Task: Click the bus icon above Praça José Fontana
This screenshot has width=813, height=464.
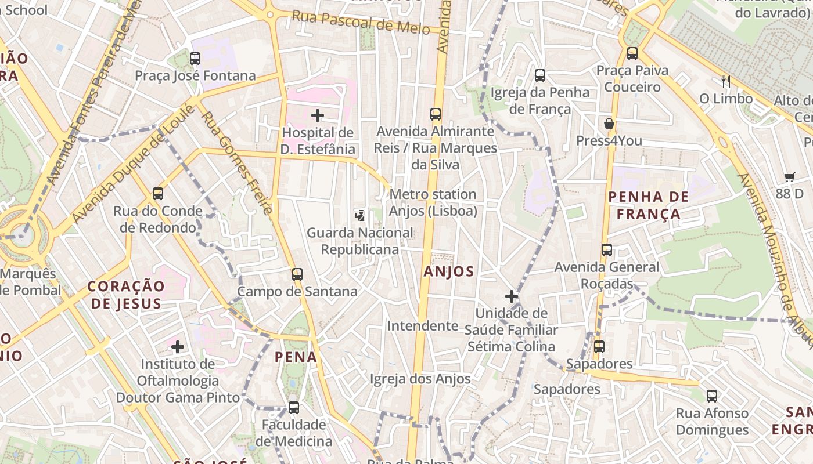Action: [195, 59]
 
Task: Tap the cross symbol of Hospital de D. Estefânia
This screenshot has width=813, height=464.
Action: [318, 115]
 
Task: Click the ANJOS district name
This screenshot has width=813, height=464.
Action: [449, 271]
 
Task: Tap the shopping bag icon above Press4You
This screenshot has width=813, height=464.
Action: [609, 124]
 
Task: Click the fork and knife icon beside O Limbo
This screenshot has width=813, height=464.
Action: [725, 81]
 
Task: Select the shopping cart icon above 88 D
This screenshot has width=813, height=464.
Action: [789, 177]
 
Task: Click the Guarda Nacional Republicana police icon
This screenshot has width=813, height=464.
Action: [360, 216]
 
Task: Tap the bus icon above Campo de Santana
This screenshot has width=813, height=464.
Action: [297, 274]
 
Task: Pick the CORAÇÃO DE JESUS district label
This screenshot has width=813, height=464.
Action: [126, 295]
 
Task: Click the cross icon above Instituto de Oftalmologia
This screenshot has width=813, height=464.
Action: [178, 347]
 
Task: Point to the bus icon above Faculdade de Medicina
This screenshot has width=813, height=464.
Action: [294, 408]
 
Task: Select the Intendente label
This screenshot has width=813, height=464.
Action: [423, 326]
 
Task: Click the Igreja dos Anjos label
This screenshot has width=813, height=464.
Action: [420, 379]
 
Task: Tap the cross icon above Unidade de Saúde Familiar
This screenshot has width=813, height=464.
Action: [512, 297]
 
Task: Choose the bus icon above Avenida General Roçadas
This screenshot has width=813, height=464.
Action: [607, 251]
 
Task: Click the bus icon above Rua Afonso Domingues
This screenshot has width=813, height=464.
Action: [712, 397]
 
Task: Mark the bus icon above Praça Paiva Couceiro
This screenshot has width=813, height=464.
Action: [632, 53]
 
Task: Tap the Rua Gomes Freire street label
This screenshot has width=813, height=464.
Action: [237, 162]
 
